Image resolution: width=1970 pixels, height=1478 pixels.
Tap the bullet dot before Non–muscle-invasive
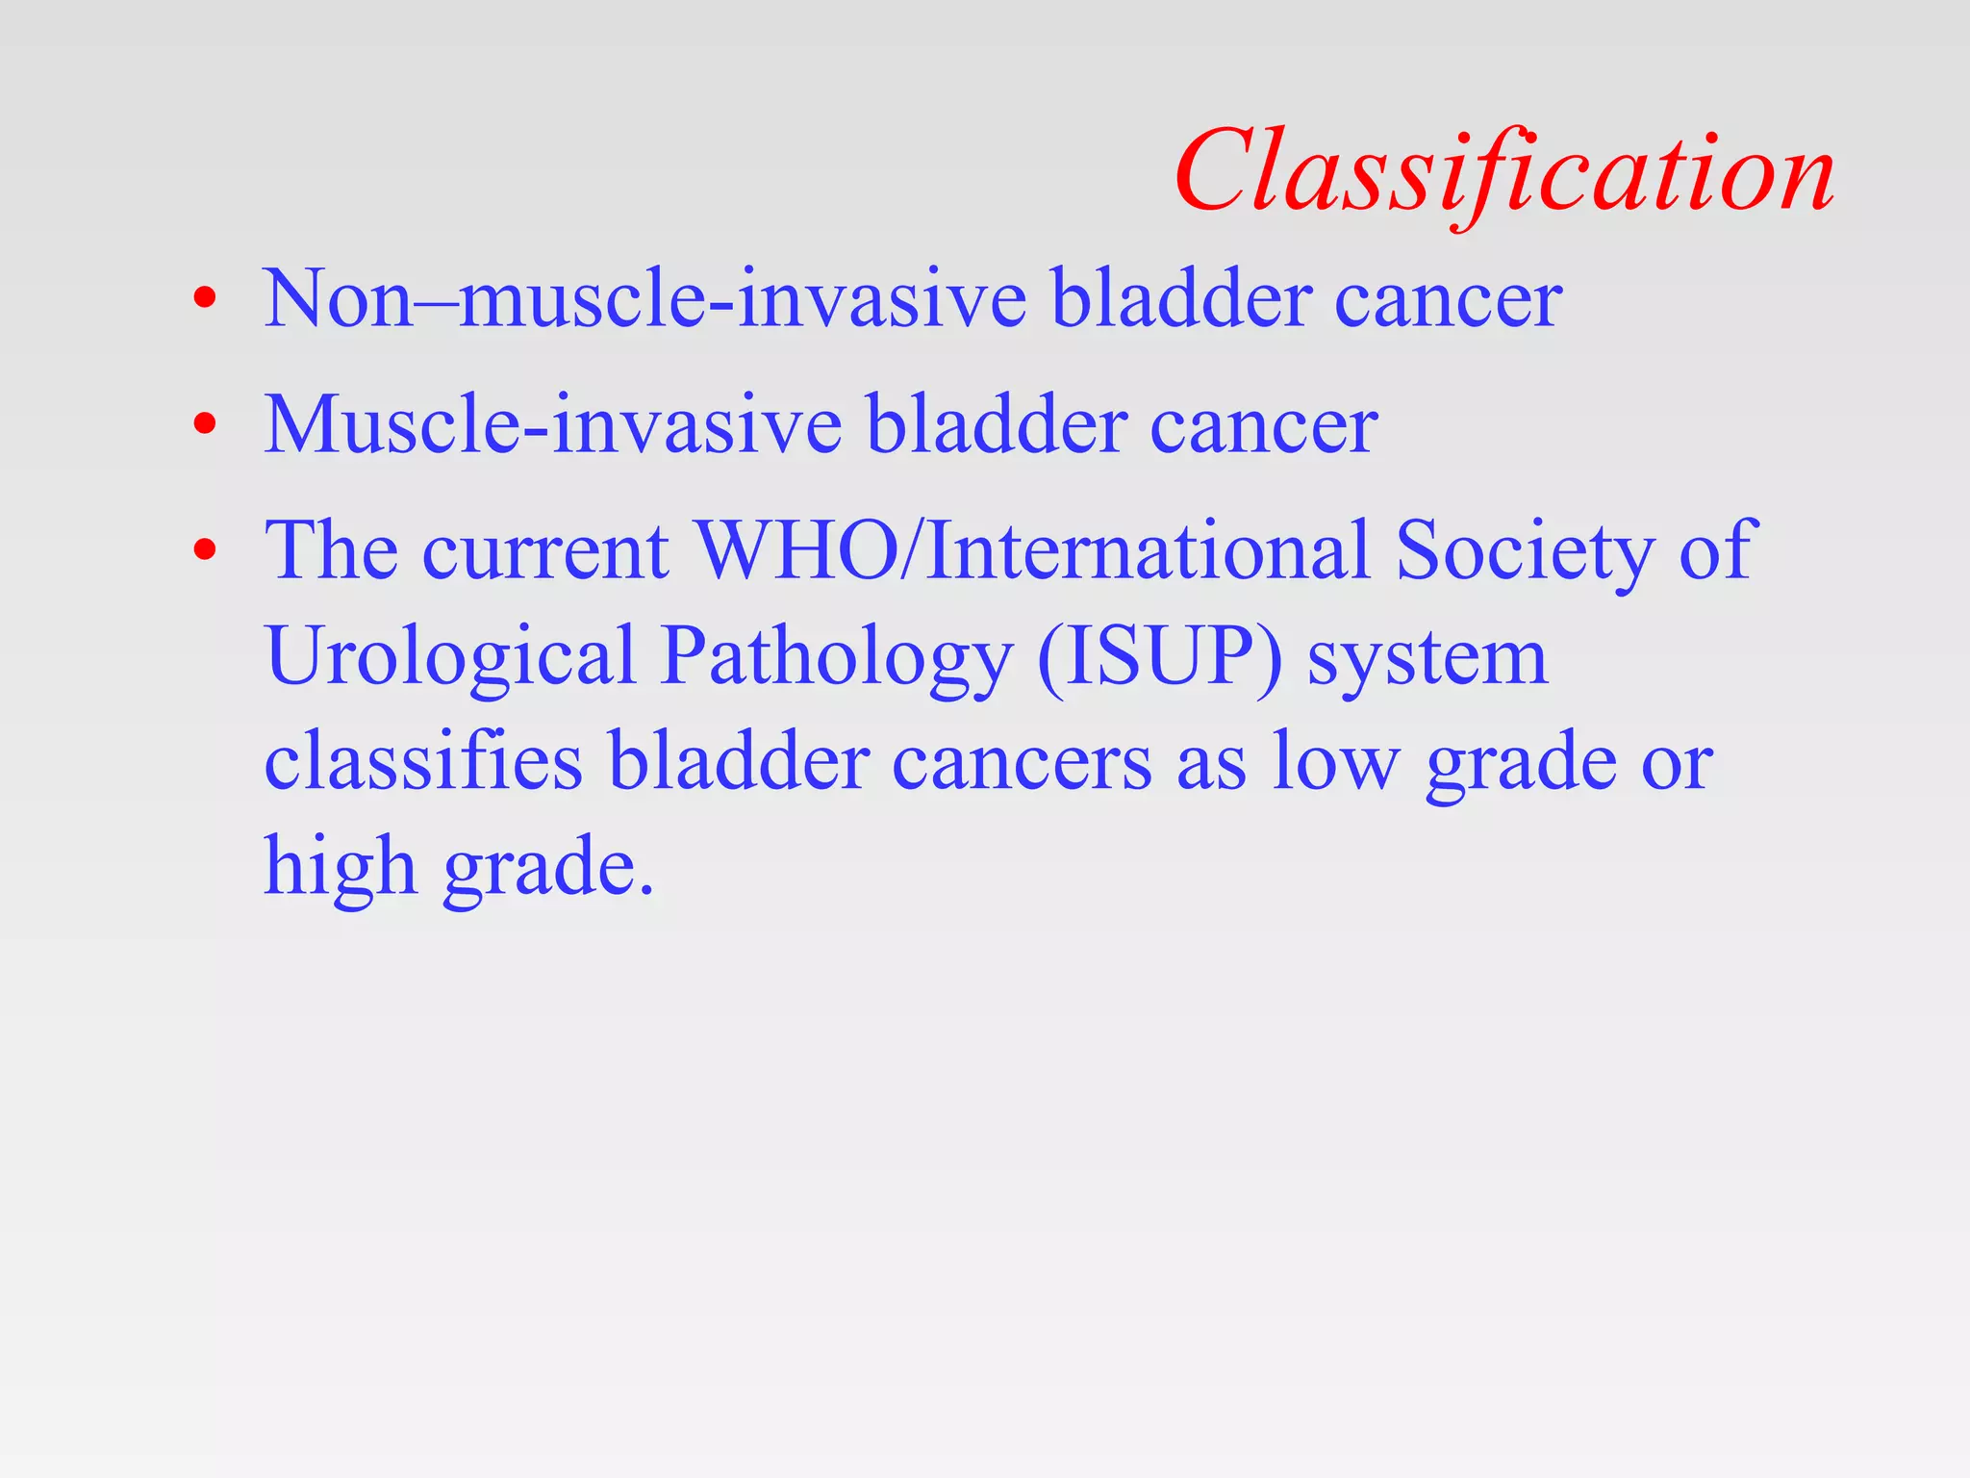(204, 297)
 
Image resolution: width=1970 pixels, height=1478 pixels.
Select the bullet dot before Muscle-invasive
(204, 423)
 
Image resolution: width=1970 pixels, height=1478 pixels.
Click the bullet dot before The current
(204, 549)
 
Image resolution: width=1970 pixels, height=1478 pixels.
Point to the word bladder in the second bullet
(997, 424)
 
